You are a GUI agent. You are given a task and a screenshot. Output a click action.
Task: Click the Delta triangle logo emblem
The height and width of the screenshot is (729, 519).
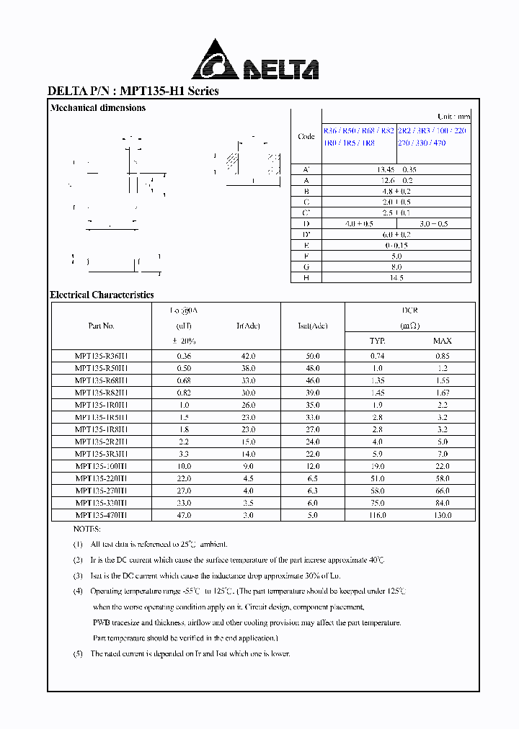215,61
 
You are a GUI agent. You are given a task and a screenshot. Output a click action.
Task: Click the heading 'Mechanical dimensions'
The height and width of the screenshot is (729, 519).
97,108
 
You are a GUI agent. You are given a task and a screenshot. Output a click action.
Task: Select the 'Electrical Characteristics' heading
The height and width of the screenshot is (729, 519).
102,295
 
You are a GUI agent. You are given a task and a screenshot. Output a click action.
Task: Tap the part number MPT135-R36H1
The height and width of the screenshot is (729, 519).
101,355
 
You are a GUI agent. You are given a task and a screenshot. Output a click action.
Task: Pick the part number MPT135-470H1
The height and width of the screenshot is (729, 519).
101,515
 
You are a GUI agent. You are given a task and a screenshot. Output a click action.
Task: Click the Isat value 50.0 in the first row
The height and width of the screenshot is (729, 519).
313,355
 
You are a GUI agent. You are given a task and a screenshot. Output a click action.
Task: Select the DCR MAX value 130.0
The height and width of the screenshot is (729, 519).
442,515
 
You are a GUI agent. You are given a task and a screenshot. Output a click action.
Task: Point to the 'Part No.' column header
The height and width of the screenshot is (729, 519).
101,326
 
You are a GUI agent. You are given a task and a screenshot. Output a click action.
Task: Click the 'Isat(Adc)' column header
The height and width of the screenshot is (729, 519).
313,326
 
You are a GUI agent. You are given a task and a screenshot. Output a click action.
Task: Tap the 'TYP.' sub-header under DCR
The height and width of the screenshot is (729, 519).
377,341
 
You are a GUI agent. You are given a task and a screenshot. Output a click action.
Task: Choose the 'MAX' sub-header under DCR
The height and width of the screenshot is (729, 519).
442,341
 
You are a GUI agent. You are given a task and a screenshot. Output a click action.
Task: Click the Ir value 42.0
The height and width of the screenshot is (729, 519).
248,355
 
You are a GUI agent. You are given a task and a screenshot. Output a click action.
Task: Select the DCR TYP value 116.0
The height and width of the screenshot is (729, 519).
377,515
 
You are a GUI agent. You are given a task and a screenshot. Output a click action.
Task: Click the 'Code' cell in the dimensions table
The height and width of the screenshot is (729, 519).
306,137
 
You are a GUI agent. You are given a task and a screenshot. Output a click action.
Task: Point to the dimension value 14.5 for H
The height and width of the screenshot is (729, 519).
396,277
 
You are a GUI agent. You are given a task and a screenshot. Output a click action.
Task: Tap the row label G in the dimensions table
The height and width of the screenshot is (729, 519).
306,267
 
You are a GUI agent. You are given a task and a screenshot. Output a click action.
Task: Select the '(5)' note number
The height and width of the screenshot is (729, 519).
78,653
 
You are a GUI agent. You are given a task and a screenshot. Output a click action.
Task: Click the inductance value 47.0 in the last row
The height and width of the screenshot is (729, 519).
184,515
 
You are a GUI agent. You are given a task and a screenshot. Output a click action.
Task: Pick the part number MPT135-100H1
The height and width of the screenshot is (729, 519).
101,467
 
